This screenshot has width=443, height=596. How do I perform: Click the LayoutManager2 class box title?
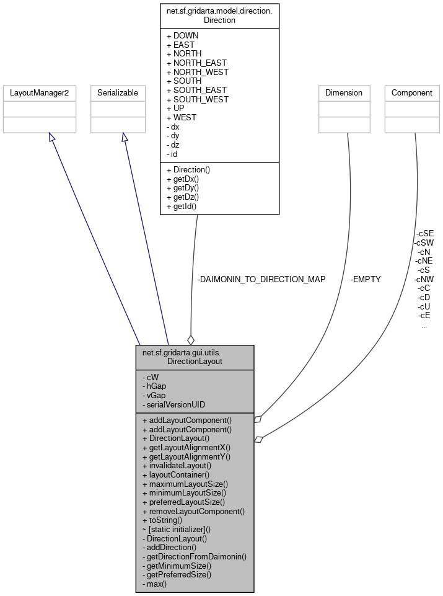[40, 93]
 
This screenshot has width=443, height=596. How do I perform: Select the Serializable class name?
[118, 93]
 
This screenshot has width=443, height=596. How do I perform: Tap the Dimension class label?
[344, 93]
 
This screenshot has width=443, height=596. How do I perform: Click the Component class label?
[412, 93]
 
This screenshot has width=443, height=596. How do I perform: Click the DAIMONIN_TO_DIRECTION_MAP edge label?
[261, 280]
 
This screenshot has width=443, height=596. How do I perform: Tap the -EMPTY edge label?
[366, 280]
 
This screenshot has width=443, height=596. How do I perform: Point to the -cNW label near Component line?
[424, 279]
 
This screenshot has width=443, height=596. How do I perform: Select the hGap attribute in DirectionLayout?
[156, 386]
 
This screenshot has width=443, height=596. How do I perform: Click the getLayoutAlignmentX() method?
[186, 447]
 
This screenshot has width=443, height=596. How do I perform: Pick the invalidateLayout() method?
[177, 465]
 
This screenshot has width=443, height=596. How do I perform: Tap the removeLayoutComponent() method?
[193, 512]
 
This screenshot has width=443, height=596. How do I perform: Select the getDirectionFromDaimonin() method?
[194, 556]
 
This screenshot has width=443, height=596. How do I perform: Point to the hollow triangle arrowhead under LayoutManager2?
[52, 136]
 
